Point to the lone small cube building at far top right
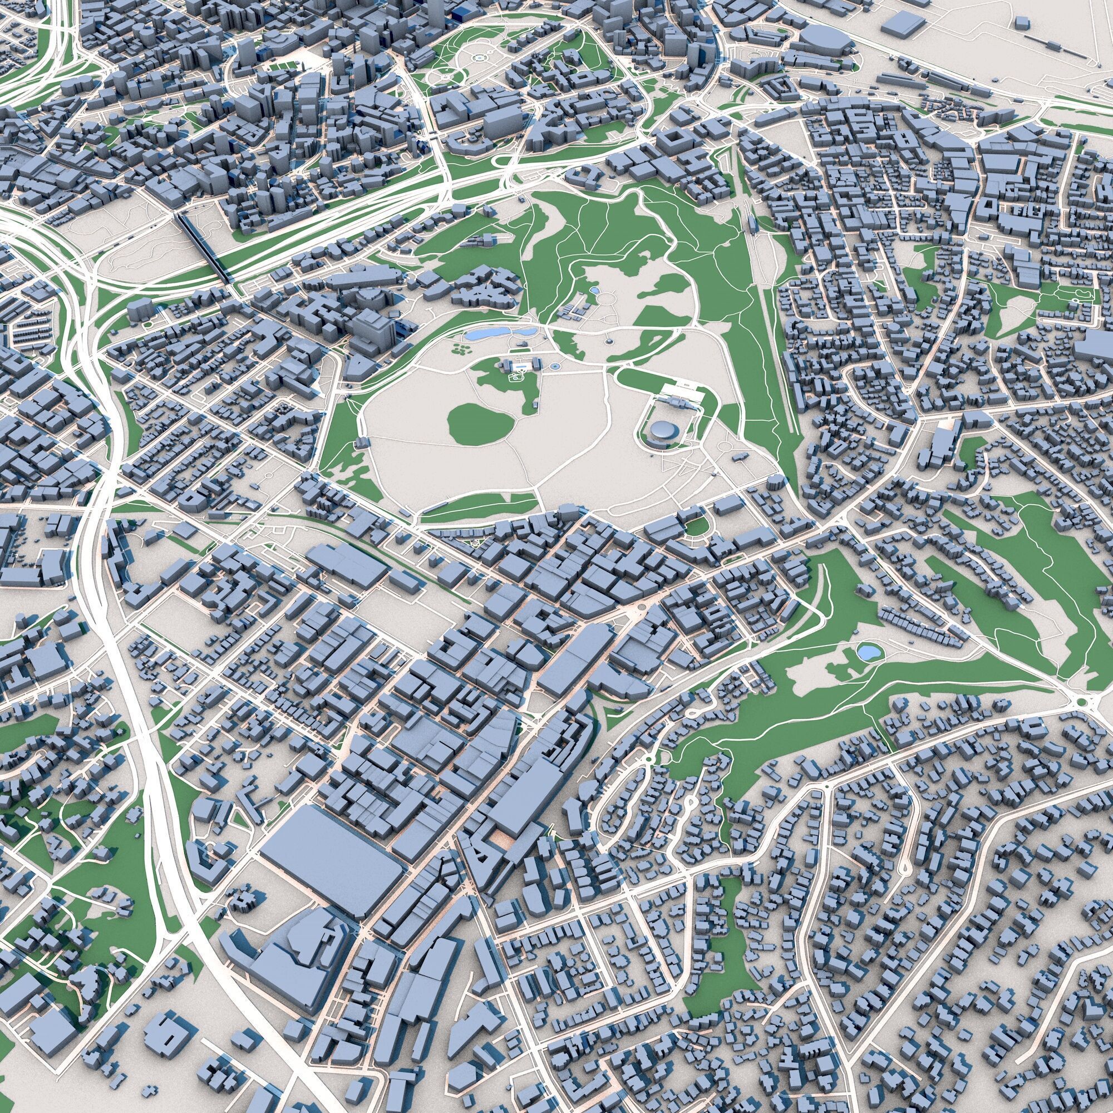pos(1021,23)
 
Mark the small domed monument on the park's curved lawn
pos(609,342)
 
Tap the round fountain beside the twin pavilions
pos(554,366)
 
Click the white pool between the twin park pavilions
pos(520,365)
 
